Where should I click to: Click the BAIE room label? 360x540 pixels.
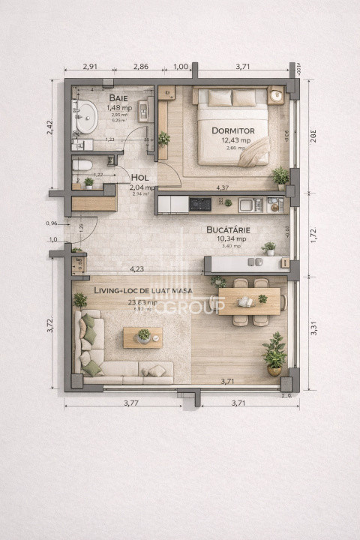click(118, 98)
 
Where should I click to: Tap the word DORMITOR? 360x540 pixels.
click(232, 130)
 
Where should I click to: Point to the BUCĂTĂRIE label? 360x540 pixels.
click(229, 229)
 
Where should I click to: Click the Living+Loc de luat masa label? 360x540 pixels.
click(142, 290)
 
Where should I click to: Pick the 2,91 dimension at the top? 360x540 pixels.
click(91, 67)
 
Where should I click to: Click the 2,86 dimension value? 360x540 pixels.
click(140, 67)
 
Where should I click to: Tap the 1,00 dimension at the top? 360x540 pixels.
click(180, 67)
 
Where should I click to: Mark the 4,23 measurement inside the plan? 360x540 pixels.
click(136, 268)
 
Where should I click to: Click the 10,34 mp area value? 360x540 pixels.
click(229, 238)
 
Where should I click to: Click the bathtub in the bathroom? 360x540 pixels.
click(85, 118)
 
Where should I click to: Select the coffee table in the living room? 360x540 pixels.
click(142, 337)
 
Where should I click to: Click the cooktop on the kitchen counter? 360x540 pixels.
click(199, 203)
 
